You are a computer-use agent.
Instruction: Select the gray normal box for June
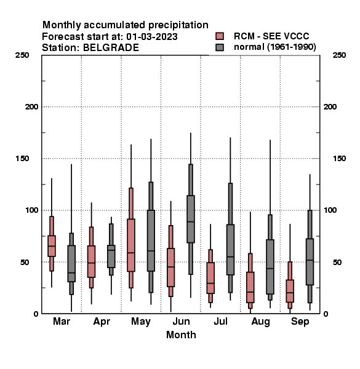click(191, 219)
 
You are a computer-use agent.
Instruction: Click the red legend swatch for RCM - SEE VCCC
click(220, 36)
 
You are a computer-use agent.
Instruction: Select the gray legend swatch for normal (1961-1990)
click(220, 47)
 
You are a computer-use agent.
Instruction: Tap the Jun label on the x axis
click(181, 322)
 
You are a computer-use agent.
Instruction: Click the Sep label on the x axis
click(300, 322)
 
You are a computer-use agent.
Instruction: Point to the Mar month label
click(62, 321)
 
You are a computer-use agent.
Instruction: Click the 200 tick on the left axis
click(31, 107)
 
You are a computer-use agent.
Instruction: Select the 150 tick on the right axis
click(339, 159)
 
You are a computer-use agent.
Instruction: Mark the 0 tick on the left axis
click(36, 314)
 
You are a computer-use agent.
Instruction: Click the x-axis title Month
click(181, 335)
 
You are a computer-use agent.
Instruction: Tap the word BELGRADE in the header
click(111, 48)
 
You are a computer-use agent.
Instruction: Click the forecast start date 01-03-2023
click(152, 37)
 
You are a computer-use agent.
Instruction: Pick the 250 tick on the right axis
click(339, 55)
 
